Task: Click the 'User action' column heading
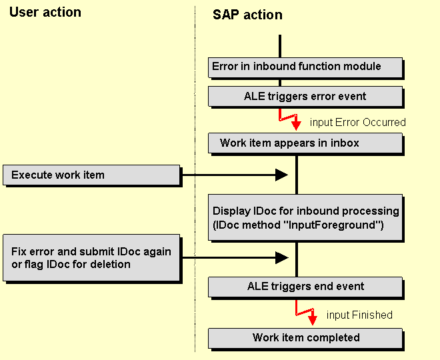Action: (45, 13)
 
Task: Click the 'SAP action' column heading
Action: (247, 15)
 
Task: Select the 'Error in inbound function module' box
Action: (305, 67)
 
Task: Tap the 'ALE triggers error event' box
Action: (305, 97)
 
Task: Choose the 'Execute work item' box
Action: (92, 175)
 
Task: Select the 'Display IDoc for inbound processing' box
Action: (305, 218)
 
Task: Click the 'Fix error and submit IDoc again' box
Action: (92, 258)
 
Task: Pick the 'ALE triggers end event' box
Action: (305, 287)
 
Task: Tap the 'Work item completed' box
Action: (305, 337)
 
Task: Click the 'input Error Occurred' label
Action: (357, 122)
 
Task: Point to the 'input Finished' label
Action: (359, 315)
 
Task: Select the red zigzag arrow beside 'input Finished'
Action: (306, 312)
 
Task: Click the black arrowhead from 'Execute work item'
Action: (281, 175)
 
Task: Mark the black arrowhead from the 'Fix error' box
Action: (281, 257)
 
